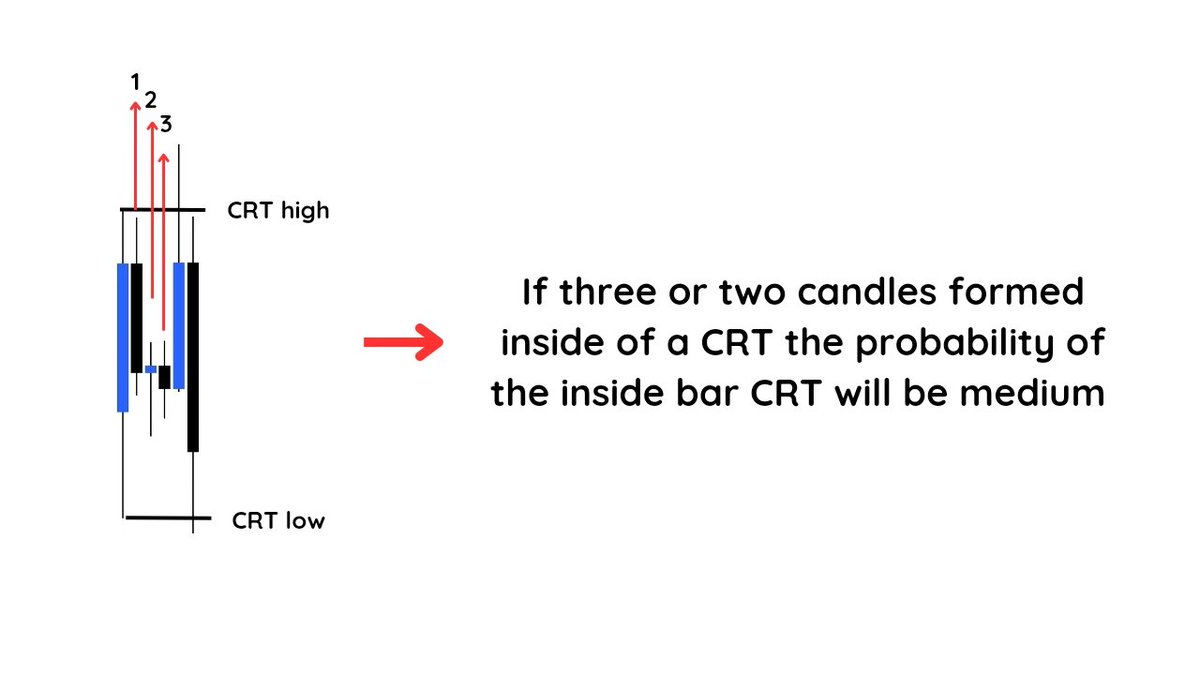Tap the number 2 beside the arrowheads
tap(151, 100)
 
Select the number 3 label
tap(166, 125)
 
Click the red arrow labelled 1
tap(135, 160)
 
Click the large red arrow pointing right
tap(402, 342)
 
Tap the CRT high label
tap(277, 211)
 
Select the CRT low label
tap(278, 521)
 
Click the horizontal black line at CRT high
tap(162, 210)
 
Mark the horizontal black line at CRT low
tap(167, 518)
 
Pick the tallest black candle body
tap(193, 357)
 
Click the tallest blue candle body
tap(123, 337)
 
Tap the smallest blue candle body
tap(151, 369)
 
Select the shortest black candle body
tap(164, 376)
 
